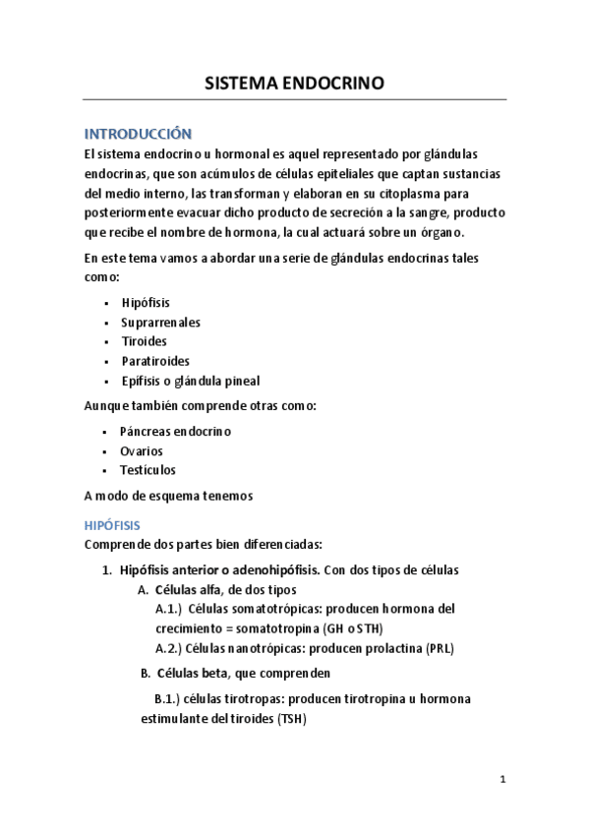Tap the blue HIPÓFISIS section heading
pyautogui.click(x=113, y=525)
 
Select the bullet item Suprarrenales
pyautogui.click(x=160, y=322)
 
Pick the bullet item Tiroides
pyautogui.click(x=144, y=341)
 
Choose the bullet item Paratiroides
pyautogui.click(x=155, y=361)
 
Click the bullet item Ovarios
pyautogui.click(x=142, y=450)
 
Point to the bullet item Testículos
pyautogui.click(x=147, y=470)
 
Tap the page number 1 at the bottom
pyautogui.click(x=501, y=779)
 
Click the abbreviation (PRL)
pyautogui.click(x=440, y=648)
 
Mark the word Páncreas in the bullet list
pyautogui.click(x=145, y=431)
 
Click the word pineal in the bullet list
pyautogui.click(x=243, y=381)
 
